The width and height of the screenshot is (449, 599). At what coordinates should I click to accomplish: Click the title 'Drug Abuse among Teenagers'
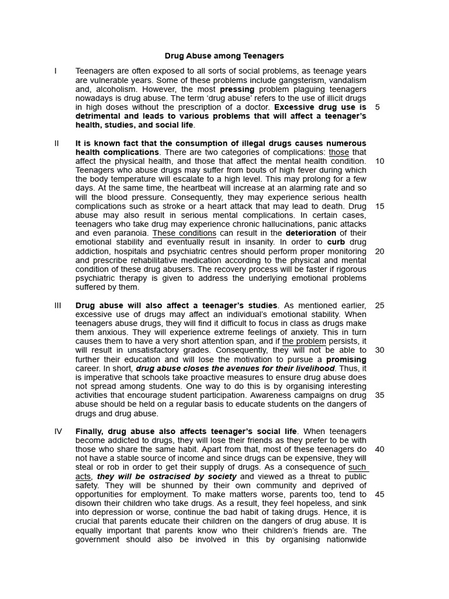click(224, 56)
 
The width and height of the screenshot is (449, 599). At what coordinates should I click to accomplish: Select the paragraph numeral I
click(56, 71)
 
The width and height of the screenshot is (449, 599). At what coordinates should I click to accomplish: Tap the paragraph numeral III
click(58, 305)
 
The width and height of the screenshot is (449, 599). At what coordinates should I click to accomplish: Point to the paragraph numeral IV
click(58, 432)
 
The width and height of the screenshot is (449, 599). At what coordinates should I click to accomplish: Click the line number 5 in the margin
click(377, 108)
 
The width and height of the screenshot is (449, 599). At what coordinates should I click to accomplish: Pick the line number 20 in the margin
click(379, 252)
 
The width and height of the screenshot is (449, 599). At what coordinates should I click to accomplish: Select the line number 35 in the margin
click(379, 395)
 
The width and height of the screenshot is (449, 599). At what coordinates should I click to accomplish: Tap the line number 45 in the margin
click(379, 494)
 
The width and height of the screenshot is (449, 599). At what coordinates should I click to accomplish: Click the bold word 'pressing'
click(237, 89)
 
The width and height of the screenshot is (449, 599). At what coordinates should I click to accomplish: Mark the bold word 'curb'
click(336, 242)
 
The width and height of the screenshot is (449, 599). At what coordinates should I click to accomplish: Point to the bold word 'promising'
click(346, 359)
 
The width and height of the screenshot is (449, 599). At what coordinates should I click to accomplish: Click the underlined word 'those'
click(339, 153)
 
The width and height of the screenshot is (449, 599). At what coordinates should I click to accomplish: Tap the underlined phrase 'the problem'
click(304, 342)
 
